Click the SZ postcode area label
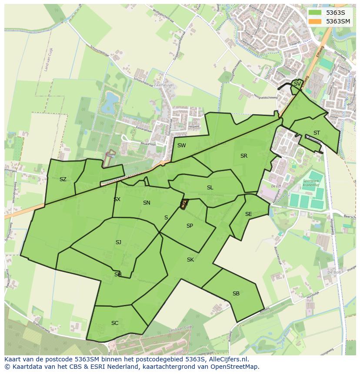pos(63,179)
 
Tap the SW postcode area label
pos(181,146)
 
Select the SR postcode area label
pos(243,156)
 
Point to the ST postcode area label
pos(317,133)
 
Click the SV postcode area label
pos(297,84)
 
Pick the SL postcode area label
pos(210,188)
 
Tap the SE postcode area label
pos(248,214)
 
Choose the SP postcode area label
pos(190,226)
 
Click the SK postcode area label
pos(190,260)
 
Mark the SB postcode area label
pos(236,294)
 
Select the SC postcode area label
pos(115,323)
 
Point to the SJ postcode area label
pos(118,242)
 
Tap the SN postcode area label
pos(147,203)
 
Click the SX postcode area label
pos(117,199)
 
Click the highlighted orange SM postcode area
pos(183,205)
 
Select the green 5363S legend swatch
pos(316,13)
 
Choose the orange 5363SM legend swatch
pos(316,21)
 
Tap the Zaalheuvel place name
pos(163,86)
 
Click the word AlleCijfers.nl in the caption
pos(227,359)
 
